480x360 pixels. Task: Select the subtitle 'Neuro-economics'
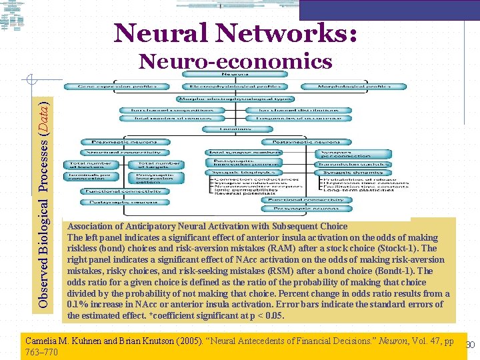(x=235, y=62)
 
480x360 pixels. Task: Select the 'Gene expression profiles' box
(x=123, y=87)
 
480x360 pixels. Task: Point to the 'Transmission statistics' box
(x=353, y=163)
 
